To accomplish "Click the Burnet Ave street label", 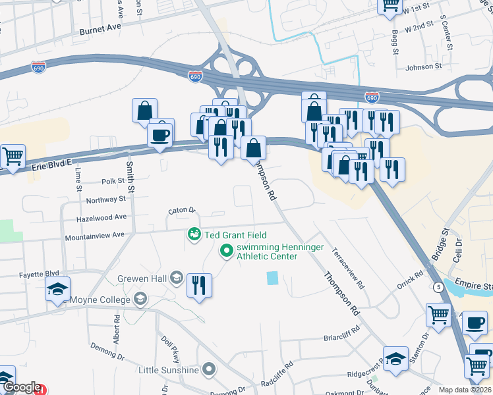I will (100, 28).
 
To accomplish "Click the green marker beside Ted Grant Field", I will (194, 234).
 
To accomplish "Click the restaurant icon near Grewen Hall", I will (199, 286).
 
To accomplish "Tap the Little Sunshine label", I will (169, 369).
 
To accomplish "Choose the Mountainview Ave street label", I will (94, 235).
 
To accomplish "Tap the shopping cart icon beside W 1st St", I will (390, 5).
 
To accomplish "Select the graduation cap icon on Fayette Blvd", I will (57, 288).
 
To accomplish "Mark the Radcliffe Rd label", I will (280, 374).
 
